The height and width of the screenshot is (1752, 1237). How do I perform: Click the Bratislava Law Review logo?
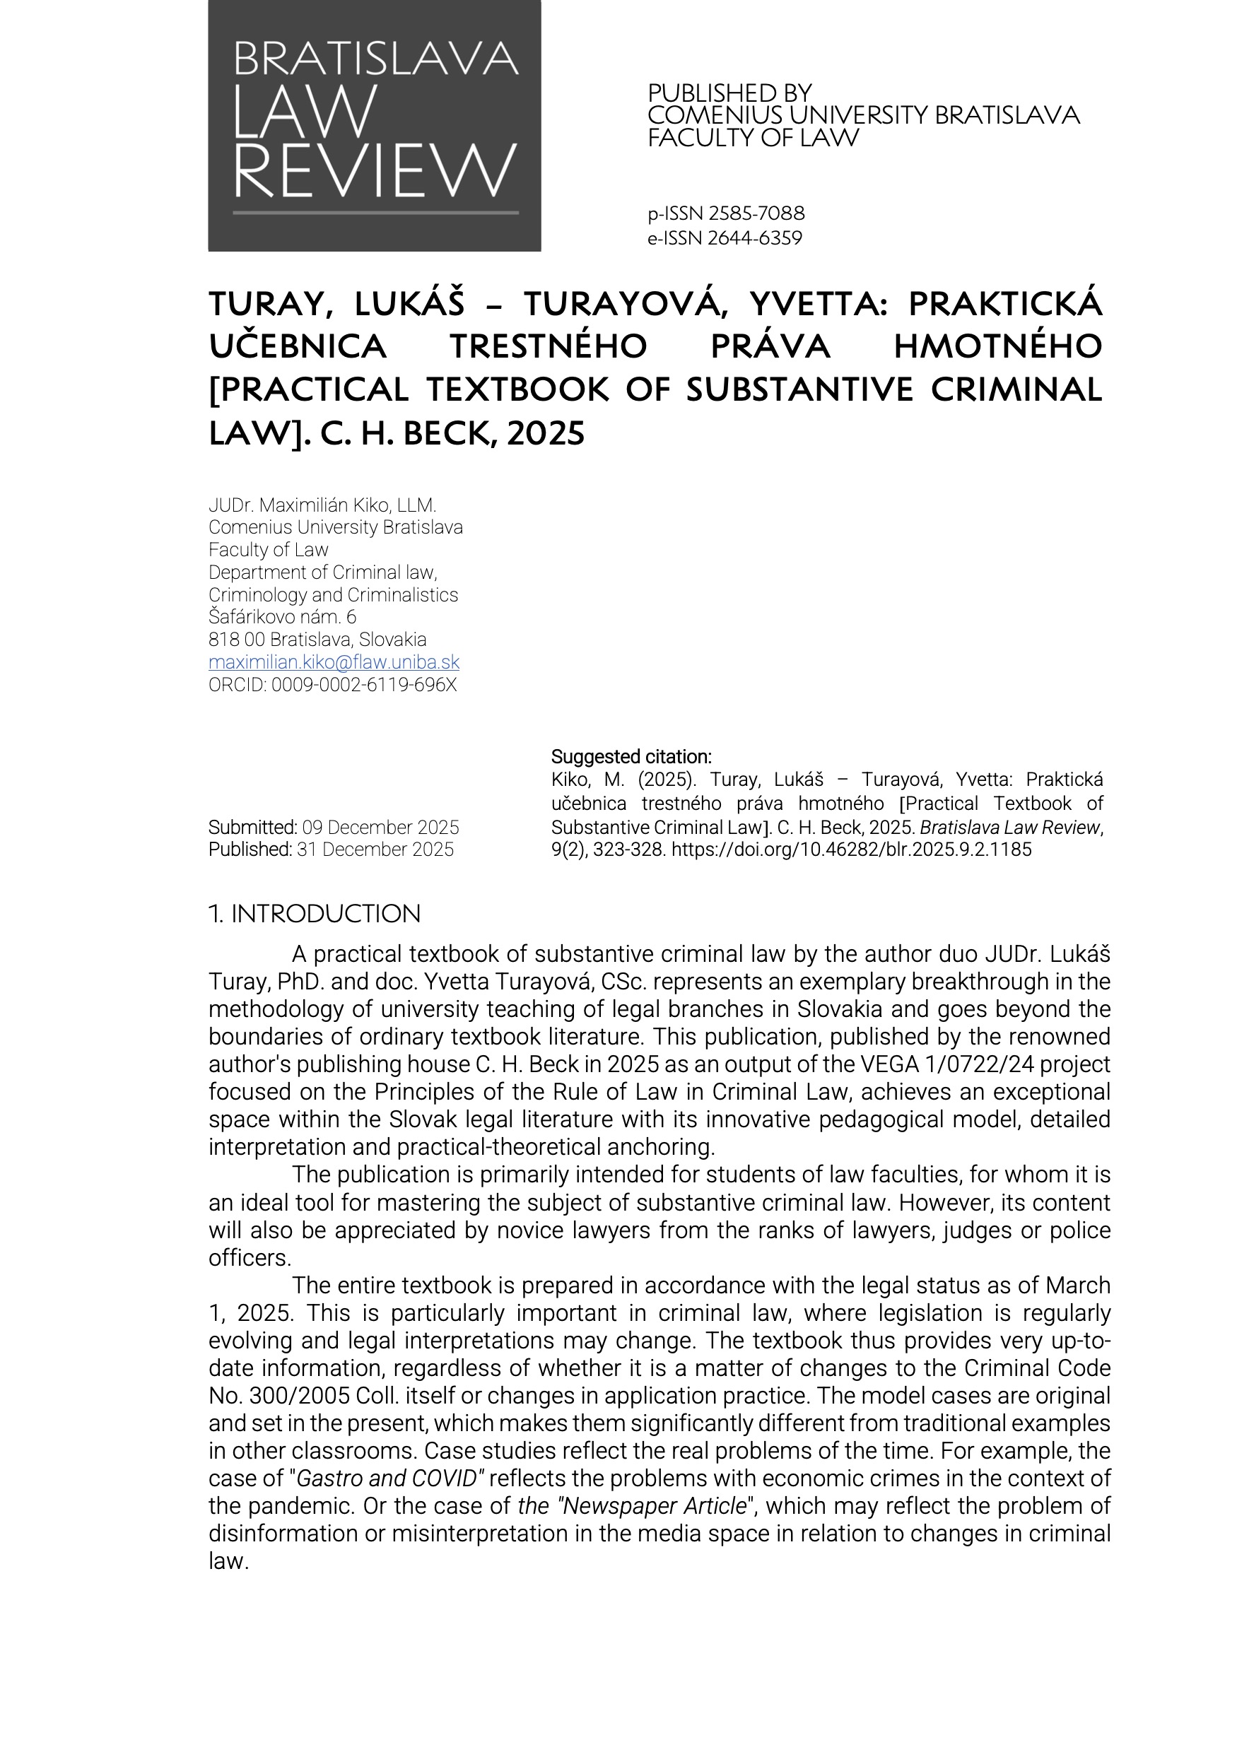click(374, 126)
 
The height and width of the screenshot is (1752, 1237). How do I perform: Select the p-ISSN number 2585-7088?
click(756, 213)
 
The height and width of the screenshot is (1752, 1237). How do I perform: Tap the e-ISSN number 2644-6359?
click(755, 239)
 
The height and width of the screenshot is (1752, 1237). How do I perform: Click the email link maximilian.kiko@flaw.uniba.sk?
click(334, 662)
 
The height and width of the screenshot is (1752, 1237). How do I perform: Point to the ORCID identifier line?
click(333, 684)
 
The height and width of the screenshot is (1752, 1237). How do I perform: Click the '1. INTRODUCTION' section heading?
click(315, 913)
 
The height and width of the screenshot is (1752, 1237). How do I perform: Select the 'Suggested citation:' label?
click(631, 757)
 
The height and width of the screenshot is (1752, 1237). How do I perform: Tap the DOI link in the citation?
click(851, 849)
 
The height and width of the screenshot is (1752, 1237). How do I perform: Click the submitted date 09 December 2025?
click(380, 827)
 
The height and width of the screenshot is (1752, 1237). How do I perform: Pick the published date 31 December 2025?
click(375, 849)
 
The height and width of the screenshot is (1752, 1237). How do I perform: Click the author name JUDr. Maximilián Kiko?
click(322, 505)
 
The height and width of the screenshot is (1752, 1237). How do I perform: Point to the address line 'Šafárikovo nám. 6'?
click(282, 616)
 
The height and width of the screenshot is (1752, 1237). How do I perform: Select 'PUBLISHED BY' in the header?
click(729, 93)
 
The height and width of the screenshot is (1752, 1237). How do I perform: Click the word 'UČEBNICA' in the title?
click(298, 346)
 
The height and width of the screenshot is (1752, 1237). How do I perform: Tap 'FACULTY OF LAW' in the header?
click(754, 138)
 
